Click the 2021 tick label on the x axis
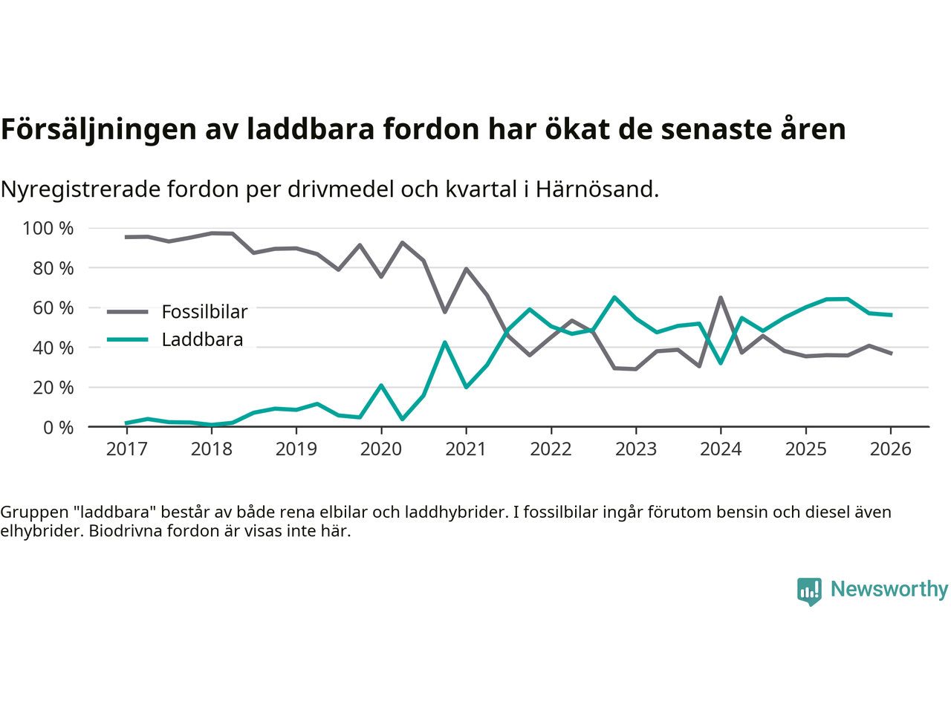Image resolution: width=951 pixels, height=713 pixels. coord(466,449)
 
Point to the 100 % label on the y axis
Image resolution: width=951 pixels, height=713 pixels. coord(48,228)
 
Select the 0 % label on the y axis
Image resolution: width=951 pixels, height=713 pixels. coord(58,427)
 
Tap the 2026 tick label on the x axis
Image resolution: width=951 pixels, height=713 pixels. coord(891,449)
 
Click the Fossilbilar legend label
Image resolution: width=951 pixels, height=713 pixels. coord(204,312)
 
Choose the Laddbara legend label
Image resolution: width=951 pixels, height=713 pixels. coord(202,340)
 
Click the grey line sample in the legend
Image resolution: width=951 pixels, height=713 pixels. coord(128,312)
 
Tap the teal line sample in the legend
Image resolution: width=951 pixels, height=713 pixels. coord(128,340)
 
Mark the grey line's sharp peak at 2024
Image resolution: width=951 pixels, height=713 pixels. coord(721,298)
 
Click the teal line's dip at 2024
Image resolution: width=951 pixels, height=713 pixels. coord(721,363)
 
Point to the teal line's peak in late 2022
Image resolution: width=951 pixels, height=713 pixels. coord(614,297)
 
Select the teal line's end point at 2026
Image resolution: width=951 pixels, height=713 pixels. coord(891,315)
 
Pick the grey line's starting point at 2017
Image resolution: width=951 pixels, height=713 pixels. coord(126,237)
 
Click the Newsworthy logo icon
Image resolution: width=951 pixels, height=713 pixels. coord(809,591)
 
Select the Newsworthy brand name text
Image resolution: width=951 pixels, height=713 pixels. coord(889,589)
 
